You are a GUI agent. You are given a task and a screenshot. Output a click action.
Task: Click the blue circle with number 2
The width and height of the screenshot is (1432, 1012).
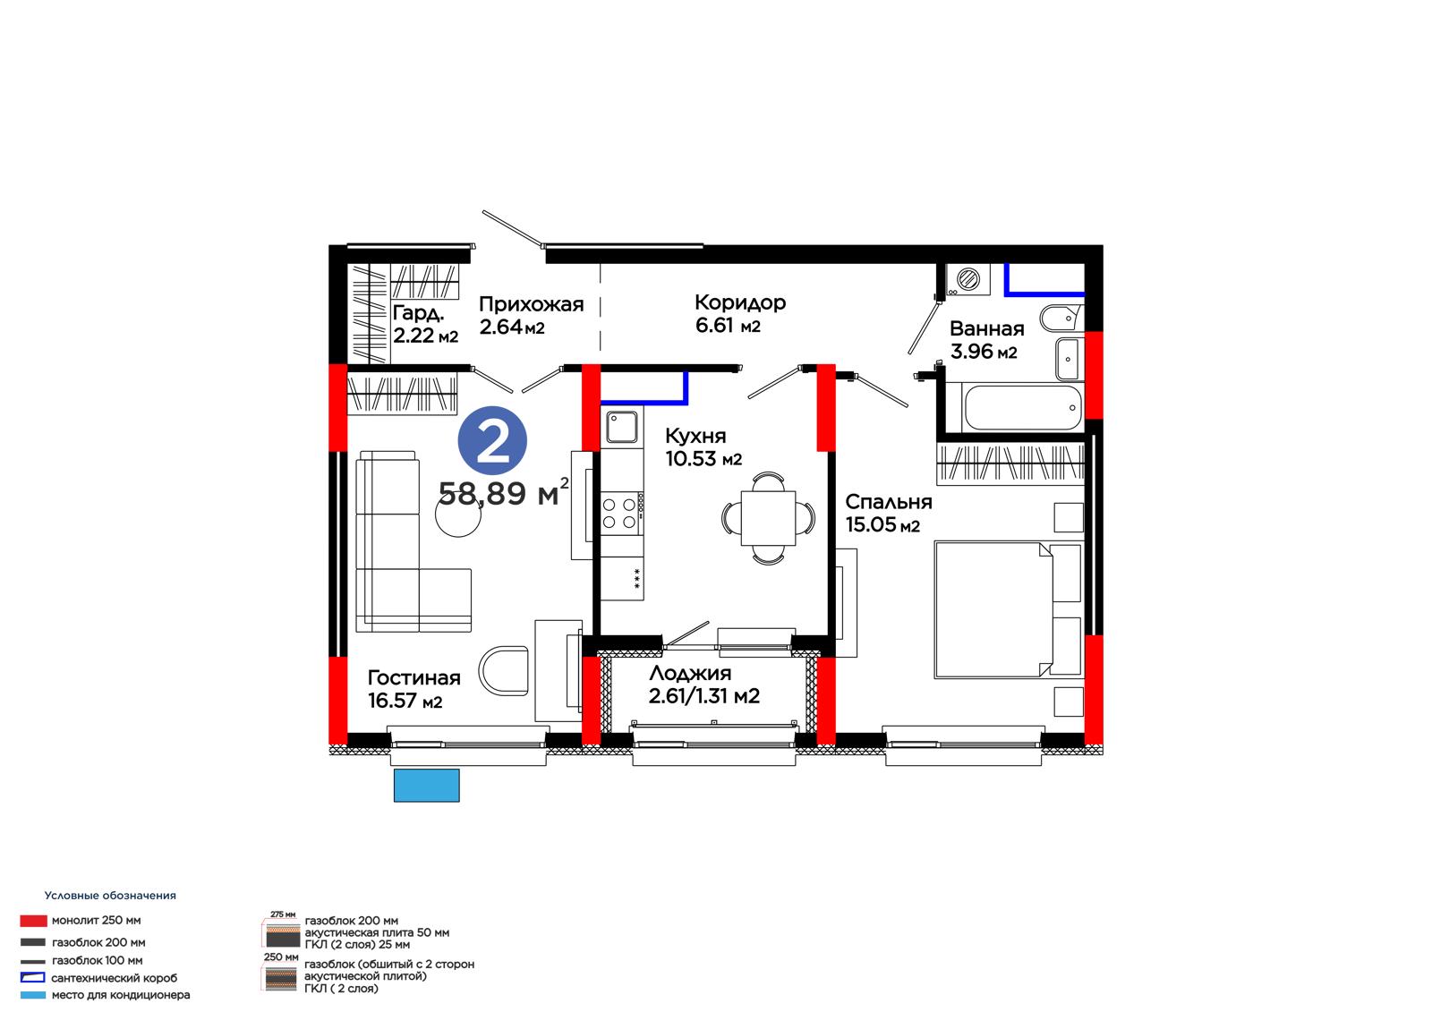point(492,440)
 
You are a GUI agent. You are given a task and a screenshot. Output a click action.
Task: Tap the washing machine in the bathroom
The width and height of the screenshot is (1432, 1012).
point(967,279)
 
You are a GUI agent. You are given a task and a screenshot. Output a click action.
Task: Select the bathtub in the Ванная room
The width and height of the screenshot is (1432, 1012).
point(1021,407)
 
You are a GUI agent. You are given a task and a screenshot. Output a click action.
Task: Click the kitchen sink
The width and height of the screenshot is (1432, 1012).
point(621,427)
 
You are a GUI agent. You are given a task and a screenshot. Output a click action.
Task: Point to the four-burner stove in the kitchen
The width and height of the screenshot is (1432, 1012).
point(621,514)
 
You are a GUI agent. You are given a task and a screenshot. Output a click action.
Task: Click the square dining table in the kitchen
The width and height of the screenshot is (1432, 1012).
point(768,518)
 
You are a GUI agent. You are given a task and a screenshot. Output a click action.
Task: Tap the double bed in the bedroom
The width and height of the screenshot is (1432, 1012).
point(1008,610)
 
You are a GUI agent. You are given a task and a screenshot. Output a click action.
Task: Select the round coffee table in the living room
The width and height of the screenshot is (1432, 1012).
point(457,514)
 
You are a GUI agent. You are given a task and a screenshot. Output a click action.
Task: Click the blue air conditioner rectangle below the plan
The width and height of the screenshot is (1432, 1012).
point(426,785)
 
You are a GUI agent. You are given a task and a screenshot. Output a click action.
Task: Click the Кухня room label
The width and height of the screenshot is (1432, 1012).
point(695,436)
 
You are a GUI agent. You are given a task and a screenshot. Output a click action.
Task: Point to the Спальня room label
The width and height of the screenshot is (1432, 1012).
point(889,502)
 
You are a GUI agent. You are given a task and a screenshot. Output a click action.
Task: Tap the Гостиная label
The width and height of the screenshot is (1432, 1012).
point(413,677)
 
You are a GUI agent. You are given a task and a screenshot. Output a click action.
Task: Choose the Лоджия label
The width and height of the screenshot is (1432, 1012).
point(690,673)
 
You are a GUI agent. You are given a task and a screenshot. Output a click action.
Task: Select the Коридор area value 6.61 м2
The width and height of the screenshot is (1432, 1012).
point(728,326)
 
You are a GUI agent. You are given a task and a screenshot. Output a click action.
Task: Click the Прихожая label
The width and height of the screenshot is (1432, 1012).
point(532,304)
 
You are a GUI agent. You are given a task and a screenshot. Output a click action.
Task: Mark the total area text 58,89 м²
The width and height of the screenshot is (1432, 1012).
point(503,492)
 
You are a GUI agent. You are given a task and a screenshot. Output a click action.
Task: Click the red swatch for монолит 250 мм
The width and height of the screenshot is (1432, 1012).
point(33,921)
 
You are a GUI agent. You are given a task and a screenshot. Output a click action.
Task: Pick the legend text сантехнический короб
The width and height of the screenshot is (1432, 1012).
point(115,978)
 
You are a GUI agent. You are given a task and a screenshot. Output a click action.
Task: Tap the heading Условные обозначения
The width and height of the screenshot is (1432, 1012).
point(110,896)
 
